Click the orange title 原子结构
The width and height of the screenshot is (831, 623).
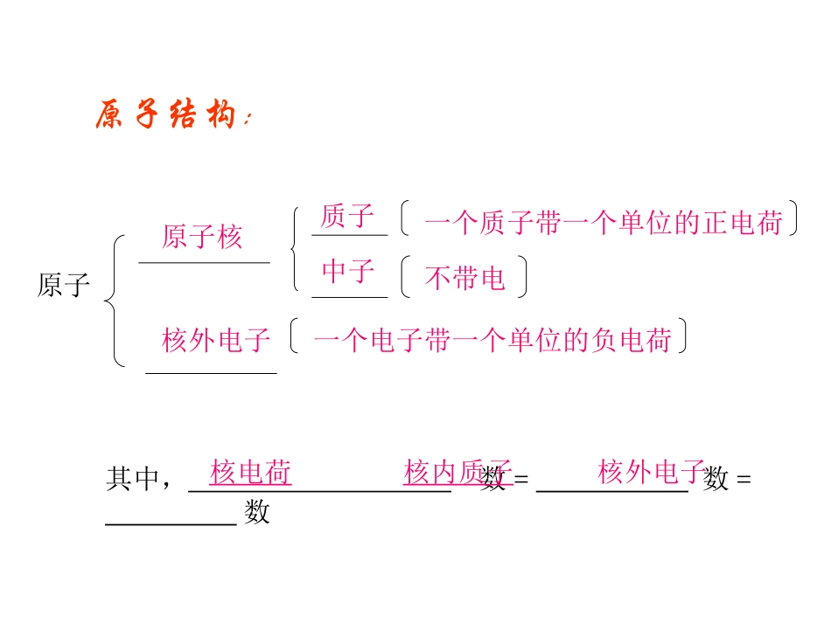166,116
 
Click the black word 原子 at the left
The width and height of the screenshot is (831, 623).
64,286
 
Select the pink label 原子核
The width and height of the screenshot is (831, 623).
202,237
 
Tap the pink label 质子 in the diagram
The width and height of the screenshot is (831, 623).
347,216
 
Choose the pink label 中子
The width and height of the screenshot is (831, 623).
348,272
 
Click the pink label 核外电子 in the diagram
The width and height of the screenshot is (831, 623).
216,340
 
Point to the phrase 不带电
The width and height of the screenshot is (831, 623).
464,278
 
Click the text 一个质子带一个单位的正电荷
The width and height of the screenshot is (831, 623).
604,223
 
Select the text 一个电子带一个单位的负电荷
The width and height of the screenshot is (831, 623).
492,340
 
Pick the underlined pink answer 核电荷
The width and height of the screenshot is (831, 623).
250,473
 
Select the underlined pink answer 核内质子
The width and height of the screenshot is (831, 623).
456,473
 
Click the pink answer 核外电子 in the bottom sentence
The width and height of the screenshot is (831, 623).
652,473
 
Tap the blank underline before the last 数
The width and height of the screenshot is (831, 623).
171,523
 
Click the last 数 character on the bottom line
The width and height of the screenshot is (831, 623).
257,512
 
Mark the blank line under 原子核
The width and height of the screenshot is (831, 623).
204,261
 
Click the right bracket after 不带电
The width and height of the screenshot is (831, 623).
523,277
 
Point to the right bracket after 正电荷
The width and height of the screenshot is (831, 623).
793,220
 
